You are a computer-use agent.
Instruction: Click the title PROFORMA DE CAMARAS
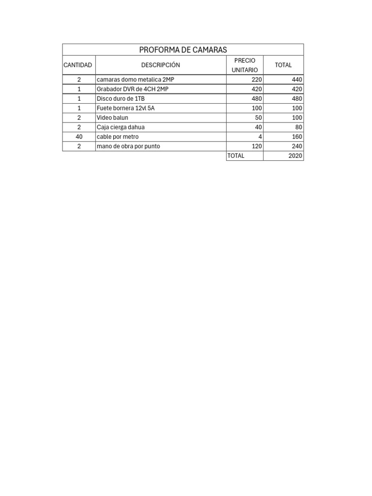(183, 50)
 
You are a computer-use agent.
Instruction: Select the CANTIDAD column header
(77, 65)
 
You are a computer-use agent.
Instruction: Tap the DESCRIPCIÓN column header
(160, 65)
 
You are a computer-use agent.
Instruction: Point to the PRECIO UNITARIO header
(245, 65)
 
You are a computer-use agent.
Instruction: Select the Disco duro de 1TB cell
(121, 98)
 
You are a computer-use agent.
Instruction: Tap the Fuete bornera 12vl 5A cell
(125, 108)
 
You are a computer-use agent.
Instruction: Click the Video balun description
(112, 118)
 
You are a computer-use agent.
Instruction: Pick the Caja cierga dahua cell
(121, 127)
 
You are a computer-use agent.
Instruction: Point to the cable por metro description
(117, 137)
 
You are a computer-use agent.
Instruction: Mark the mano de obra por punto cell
(128, 146)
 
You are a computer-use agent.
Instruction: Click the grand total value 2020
(295, 156)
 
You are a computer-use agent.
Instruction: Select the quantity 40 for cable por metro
(79, 137)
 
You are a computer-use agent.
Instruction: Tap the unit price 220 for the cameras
(257, 79)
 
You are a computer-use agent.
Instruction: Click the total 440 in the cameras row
(297, 79)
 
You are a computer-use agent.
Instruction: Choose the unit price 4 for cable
(260, 137)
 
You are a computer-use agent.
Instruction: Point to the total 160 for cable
(297, 137)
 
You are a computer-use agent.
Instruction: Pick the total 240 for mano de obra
(297, 146)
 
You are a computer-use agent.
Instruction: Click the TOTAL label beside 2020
(236, 156)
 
